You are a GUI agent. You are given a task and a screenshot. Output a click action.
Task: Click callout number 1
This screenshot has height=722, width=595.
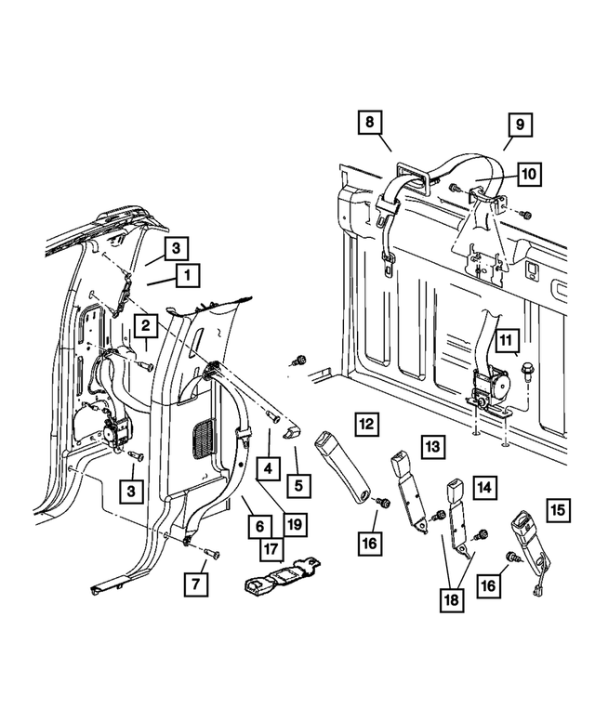click(x=188, y=275)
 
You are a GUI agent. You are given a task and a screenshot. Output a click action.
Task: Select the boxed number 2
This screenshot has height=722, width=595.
click(x=146, y=326)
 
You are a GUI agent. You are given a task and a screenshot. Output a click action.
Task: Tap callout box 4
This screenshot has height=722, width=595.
click(x=269, y=468)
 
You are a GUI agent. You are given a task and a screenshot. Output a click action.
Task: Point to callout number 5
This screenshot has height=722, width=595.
click(x=298, y=485)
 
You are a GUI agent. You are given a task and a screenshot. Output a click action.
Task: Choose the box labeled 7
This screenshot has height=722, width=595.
click(x=196, y=584)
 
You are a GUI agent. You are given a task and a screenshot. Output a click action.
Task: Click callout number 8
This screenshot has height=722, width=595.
click(x=370, y=122)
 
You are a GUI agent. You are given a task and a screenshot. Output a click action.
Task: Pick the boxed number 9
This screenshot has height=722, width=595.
click(x=520, y=125)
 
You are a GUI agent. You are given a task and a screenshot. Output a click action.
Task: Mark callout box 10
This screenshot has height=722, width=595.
click(x=529, y=174)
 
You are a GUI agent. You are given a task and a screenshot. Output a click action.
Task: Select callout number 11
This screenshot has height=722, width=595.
click(x=506, y=341)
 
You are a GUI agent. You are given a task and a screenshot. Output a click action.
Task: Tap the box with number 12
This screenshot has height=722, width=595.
click(x=366, y=424)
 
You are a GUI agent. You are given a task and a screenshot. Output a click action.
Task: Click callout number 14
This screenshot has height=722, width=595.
click(x=484, y=487)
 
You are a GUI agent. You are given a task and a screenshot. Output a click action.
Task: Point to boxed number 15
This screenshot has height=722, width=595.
click(x=558, y=510)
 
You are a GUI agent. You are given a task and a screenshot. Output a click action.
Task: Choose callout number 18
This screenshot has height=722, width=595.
click(x=452, y=600)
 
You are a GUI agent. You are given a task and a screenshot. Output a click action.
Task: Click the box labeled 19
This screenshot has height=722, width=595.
click(x=295, y=524)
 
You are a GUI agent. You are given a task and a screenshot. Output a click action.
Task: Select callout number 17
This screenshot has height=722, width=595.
click(x=271, y=549)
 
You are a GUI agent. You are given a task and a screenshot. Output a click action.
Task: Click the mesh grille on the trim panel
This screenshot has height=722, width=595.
click(x=203, y=439)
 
